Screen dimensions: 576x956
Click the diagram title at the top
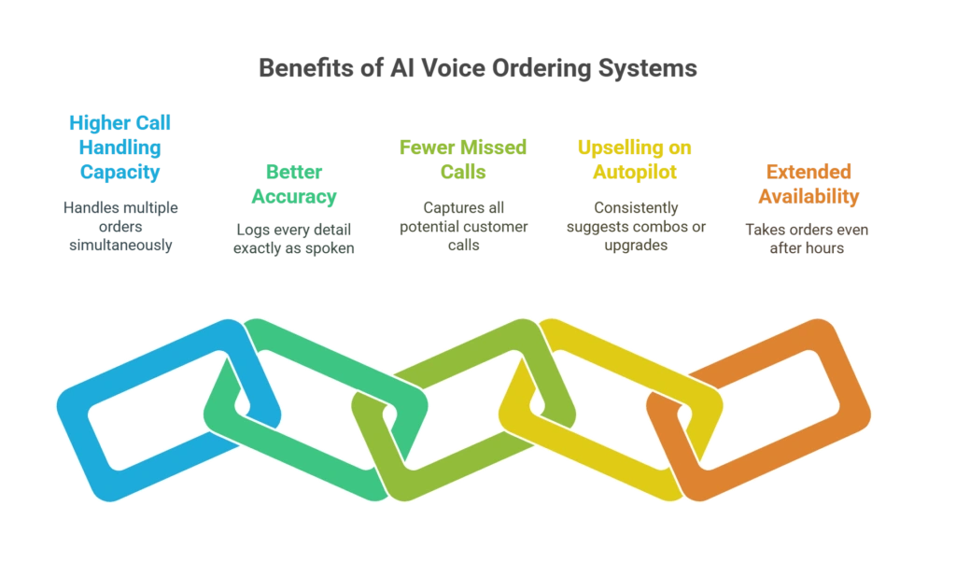tap(477, 69)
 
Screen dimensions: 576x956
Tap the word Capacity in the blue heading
tap(119, 172)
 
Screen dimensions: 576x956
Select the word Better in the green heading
tap(293, 171)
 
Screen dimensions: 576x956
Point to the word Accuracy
tap(293, 196)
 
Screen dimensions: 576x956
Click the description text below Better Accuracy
tap(293, 237)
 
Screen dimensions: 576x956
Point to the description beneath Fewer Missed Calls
tap(462, 225)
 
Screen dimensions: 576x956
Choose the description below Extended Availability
tap(807, 237)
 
